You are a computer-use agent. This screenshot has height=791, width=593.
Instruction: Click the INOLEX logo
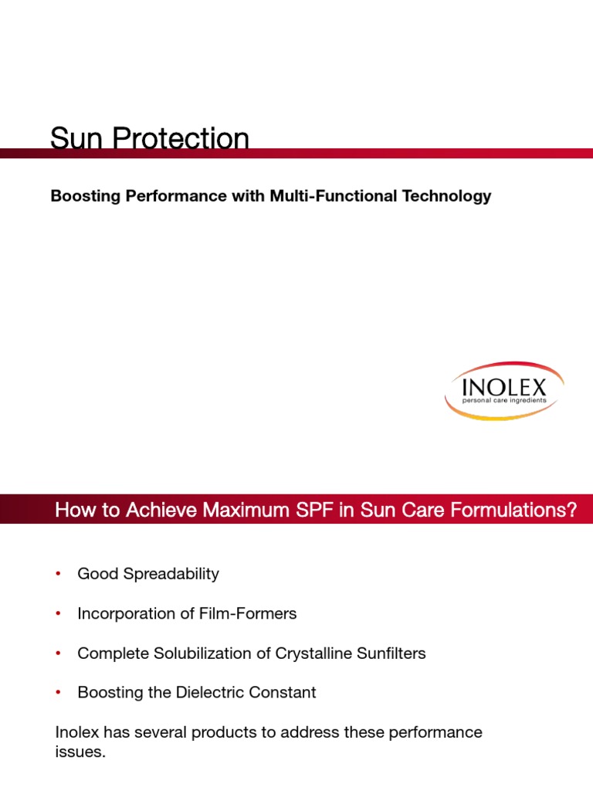click(503, 390)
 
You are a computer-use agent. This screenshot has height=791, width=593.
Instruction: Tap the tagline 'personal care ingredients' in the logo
click(503, 401)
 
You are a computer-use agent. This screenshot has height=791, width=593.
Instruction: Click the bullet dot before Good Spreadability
click(58, 574)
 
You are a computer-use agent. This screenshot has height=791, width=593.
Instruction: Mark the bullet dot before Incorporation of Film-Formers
click(58, 614)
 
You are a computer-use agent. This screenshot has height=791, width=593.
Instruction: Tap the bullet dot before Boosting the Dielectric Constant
click(58, 693)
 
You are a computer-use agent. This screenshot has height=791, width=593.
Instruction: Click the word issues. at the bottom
click(80, 752)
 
